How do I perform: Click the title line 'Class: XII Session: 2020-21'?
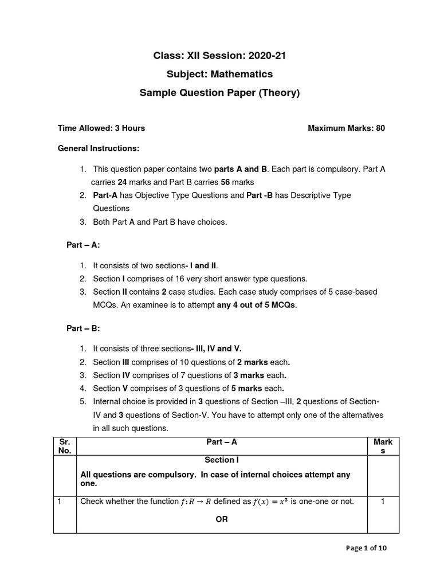219,56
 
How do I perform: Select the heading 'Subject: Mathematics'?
219,74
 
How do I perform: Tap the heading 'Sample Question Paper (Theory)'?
219,92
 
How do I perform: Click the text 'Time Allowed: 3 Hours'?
101,128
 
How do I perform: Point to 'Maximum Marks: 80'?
346,128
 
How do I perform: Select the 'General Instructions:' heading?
99,148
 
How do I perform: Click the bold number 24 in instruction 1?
122,182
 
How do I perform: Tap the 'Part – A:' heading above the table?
83,245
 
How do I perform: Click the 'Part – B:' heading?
83,328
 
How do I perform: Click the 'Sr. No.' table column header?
64,446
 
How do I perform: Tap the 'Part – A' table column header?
221,442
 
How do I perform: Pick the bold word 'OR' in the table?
221,519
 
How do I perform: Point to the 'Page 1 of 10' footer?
367,548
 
